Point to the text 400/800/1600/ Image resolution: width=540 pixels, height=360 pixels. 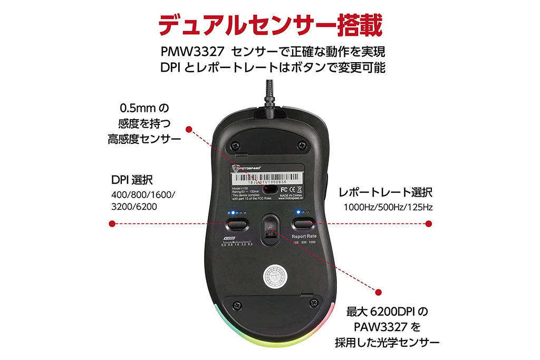click(143, 195)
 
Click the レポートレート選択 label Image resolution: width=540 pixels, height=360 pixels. click(385, 192)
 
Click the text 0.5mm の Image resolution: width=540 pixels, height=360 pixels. click(143, 109)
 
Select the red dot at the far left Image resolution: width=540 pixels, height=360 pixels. click(111, 224)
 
